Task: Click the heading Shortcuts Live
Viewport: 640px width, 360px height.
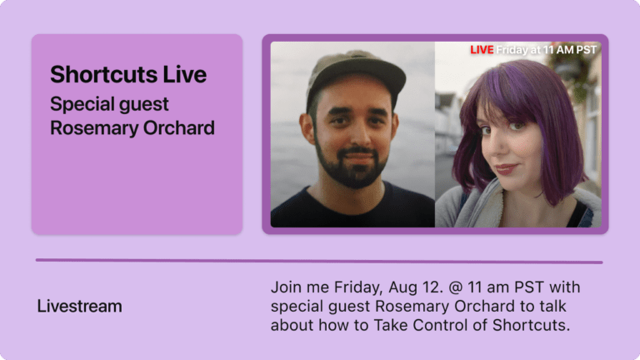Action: point(128,74)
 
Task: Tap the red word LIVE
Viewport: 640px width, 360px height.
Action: point(482,50)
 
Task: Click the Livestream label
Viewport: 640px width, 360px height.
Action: point(80,306)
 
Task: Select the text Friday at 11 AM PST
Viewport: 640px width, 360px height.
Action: point(547,50)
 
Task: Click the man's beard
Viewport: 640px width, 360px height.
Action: point(351,167)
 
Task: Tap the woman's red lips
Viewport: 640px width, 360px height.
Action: point(507,168)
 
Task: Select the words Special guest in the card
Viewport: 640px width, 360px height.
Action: point(109,104)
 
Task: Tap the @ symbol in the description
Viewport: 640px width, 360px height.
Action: point(455,287)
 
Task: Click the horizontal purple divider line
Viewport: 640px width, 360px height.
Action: point(319,261)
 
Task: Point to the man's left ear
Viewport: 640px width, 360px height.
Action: point(307,127)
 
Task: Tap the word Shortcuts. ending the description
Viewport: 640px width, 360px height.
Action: point(531,325)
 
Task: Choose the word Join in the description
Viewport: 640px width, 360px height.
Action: point(286,287)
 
